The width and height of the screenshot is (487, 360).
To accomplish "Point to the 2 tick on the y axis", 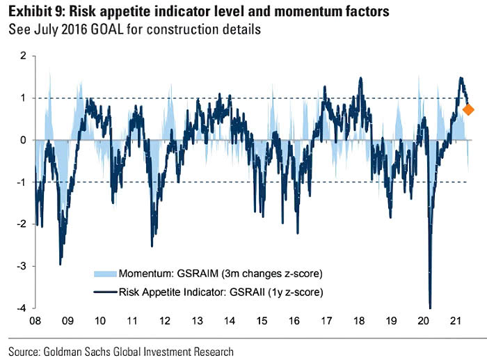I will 22,56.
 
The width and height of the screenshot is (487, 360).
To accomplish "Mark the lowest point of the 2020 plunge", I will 430,306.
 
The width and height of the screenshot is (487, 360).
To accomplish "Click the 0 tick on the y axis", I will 22,140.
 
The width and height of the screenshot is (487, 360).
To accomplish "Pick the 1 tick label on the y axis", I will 22,98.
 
